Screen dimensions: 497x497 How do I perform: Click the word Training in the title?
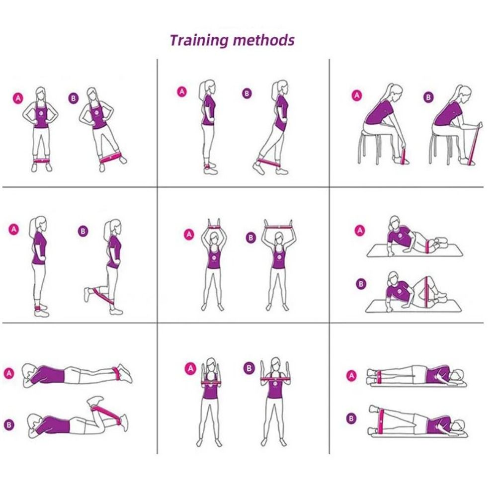click(x=199, y=41)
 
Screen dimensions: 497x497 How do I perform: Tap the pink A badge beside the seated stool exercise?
click(x=357, y=95)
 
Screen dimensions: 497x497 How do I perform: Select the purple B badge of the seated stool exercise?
click(x=428, y=97)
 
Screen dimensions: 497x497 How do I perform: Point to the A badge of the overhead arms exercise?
click(x=189, y=235)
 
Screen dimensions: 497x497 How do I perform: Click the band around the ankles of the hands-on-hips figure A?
click(x=41, y=161)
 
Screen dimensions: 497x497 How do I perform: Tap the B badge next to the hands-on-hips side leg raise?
click(x=73, y=98)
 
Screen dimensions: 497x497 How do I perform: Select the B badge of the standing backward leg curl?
click(x=83, y=231)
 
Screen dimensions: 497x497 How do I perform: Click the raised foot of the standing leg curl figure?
click(x=87, y=294)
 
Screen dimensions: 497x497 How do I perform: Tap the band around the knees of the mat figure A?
click(x=428, y=247)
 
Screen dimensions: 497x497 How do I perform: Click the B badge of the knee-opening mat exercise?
click(x=361, y=284)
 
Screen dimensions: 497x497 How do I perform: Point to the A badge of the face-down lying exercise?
click(x=9, y=373)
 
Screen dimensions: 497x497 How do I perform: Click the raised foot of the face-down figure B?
click(x=95, y=400)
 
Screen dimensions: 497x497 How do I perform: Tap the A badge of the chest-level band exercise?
click(x=190, y=369)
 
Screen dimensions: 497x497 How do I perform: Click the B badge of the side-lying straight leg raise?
click(x=351, y=418)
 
